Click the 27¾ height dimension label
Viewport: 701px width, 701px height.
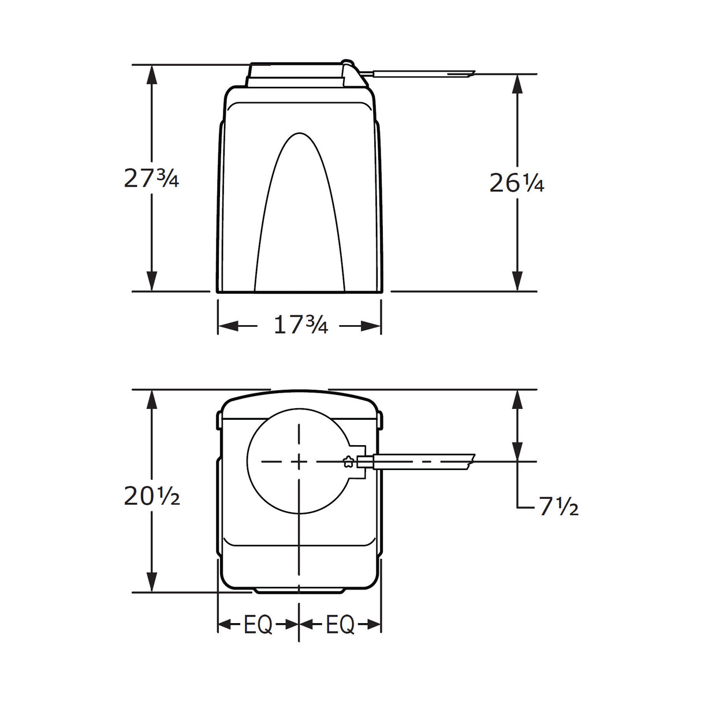point(151,178)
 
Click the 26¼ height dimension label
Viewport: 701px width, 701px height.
point(516,183)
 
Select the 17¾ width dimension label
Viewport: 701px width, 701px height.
point(300,326)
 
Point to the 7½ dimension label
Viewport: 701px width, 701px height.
point(558,507)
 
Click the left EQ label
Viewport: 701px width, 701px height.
point(258,625)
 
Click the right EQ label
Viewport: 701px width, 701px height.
point(340,625)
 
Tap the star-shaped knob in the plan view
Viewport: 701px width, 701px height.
point(348,461)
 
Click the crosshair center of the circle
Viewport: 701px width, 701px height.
point(299,461)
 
